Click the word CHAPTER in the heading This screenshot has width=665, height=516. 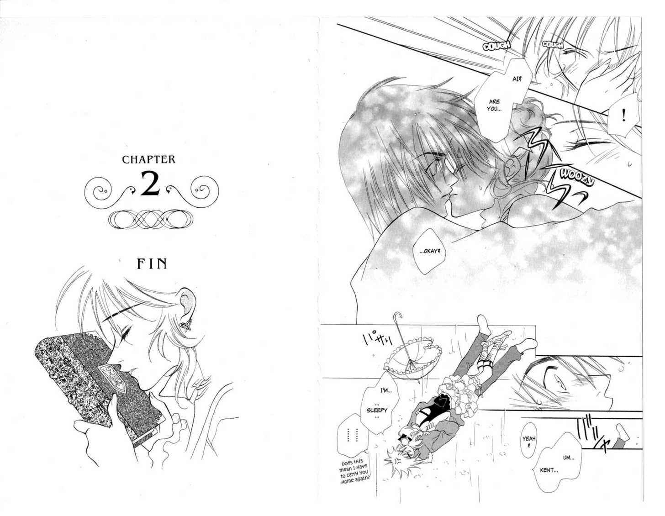pyautogui.click(x=149, y=159)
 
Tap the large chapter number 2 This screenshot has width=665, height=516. pyautogui.click(x=150, y=184)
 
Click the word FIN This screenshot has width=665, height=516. pyautogui.click(x=152, y=263)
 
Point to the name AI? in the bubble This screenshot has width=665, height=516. pyautogui.click(x=516, y=79)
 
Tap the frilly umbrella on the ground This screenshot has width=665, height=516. pyautogui.click(x=412, y=361)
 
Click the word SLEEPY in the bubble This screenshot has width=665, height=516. pyautogui.click(x=377, y=410)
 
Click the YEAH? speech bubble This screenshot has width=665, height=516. pyautogui.click(x=529, y=440)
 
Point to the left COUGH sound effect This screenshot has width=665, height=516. pyautogui.click(x=496, y=46)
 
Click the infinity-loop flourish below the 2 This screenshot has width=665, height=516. pyautogui.click(x=151, y=219)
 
